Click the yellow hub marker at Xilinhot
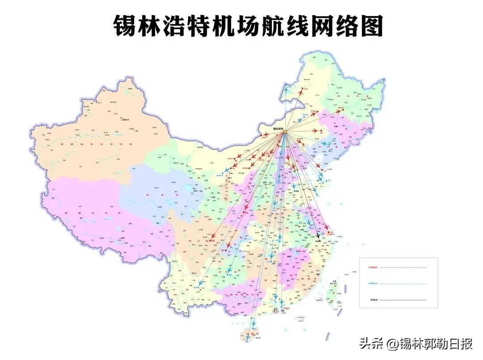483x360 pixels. click(x=284, y=131)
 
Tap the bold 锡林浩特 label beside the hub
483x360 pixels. click(x=279, y=128)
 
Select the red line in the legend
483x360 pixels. click(x=403, y=267)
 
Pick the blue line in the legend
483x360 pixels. click(x=403, y=284)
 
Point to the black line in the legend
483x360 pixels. click(x=403, y=300)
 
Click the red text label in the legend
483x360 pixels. click(x=373, y=267)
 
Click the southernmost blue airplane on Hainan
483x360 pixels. click(x=247, y=334)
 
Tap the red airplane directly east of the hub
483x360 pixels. click(x=316, y=131)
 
